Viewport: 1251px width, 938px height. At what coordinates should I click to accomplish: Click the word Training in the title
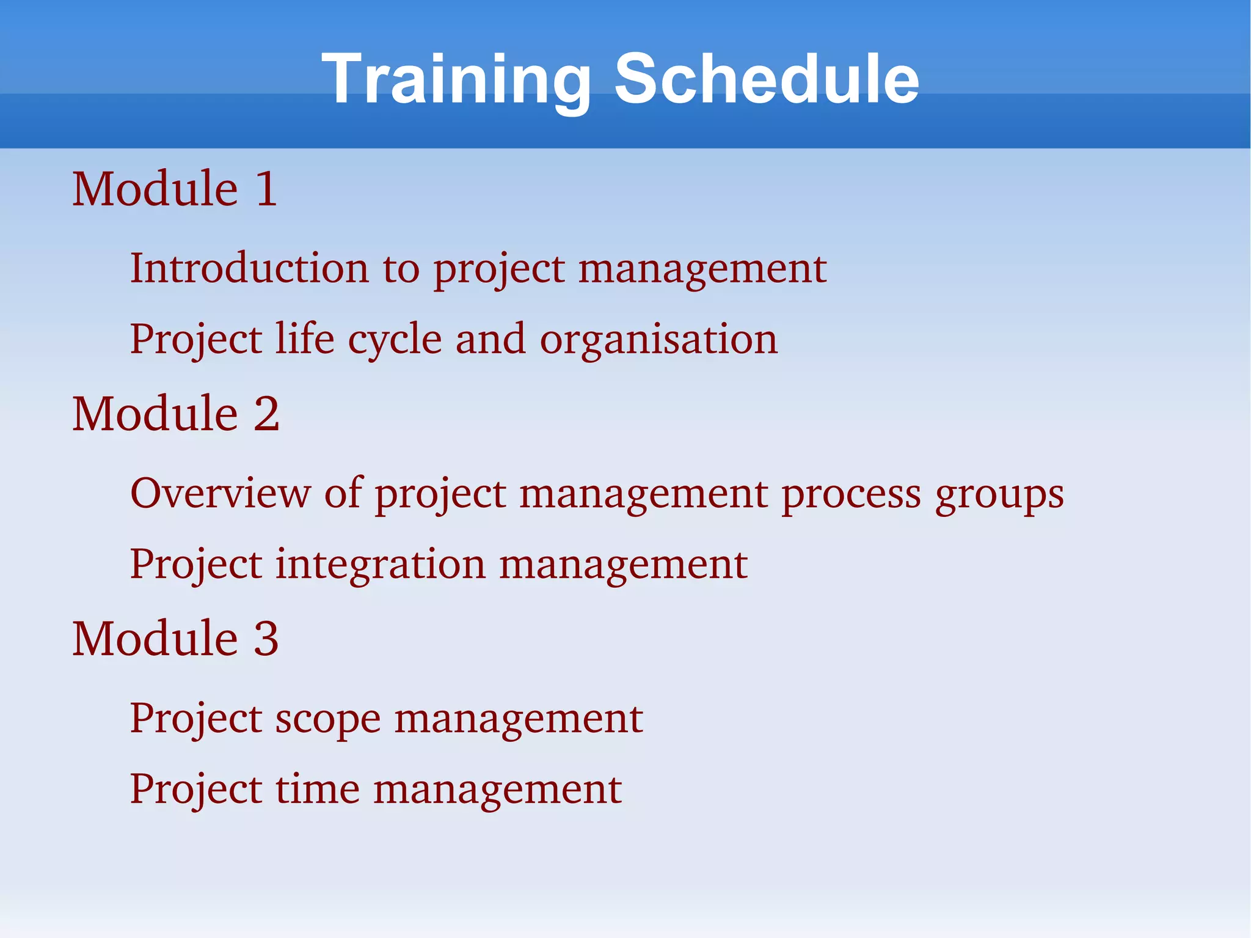[x=456, y=79]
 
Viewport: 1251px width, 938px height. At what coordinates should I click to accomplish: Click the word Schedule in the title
[x=766, y=79]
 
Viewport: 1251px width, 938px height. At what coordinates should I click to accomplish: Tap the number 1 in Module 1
[x=266, y=189]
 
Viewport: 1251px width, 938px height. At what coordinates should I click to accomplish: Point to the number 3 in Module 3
[x=266, y=639]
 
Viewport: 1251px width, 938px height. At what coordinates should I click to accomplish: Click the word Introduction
[x=250, y=268]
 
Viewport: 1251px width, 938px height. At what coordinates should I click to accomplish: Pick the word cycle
[x=395, y=340]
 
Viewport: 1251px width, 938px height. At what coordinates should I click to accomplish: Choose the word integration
[x=380, y=565]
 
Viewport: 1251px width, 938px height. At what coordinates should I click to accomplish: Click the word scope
[x=327, y=719]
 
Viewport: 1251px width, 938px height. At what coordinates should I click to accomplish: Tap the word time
[x=317, y=789]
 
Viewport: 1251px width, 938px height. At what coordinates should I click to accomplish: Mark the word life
[x=304, y=339]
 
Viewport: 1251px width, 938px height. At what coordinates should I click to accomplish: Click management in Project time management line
[x=497, y=790]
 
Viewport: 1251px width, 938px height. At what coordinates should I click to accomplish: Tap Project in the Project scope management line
[x=196, y=719]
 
